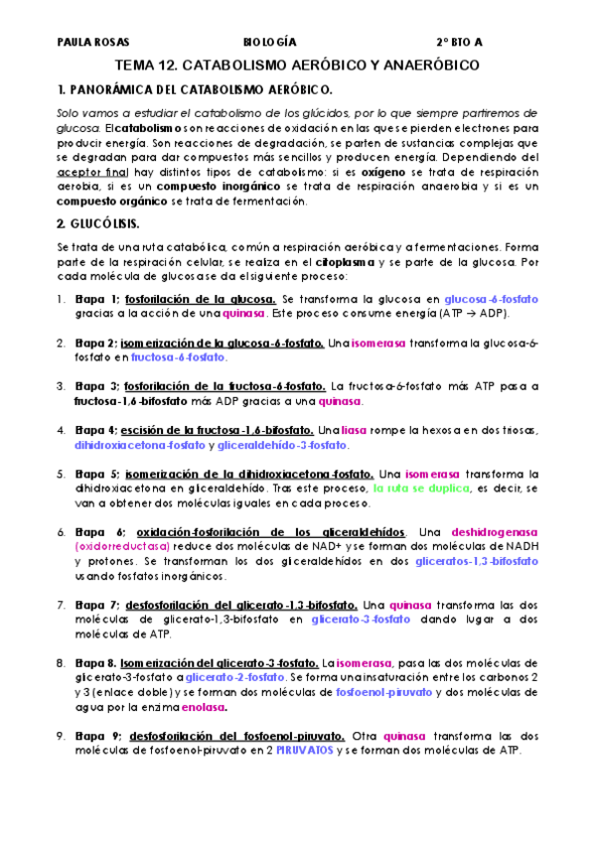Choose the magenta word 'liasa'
[357, 430]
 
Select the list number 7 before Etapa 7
[62, 604]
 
